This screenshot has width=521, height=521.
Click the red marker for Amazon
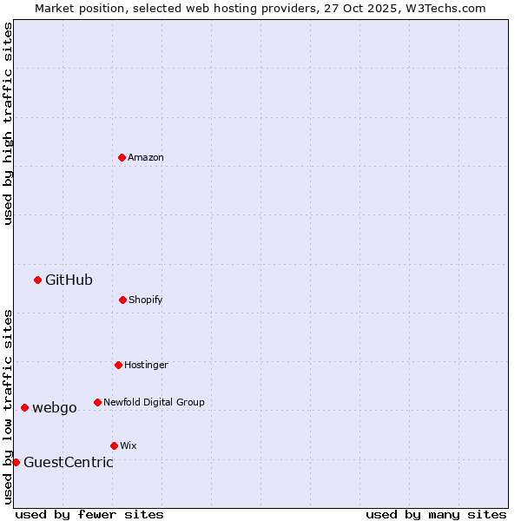click(122, 157)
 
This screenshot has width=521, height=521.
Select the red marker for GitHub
click(37, 280)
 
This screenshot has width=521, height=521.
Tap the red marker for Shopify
click(122, 300)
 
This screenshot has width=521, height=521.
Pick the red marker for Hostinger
click(118, 365)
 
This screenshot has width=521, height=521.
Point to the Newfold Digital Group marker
click(97, 402)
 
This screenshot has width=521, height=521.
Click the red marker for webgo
click(24, 407)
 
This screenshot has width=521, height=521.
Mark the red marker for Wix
click(114, 445)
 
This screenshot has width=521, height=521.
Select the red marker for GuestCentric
click(16, 462)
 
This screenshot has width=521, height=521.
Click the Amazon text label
click(146, 157)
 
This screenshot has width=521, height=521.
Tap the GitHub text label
click(69, 280)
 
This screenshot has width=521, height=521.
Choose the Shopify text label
click(146, 300)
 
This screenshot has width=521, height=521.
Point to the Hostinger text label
click(146, 365)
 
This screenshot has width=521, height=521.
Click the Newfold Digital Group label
click(154, 402)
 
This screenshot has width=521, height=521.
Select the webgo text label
click(55, 408)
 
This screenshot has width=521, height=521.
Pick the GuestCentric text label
click(69, 462)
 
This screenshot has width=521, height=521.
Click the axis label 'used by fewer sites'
click(89, 514)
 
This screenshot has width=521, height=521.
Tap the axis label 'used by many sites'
click(436, 514)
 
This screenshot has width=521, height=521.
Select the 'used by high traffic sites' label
click(9, 123)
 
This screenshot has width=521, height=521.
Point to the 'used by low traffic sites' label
click(9, 406)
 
